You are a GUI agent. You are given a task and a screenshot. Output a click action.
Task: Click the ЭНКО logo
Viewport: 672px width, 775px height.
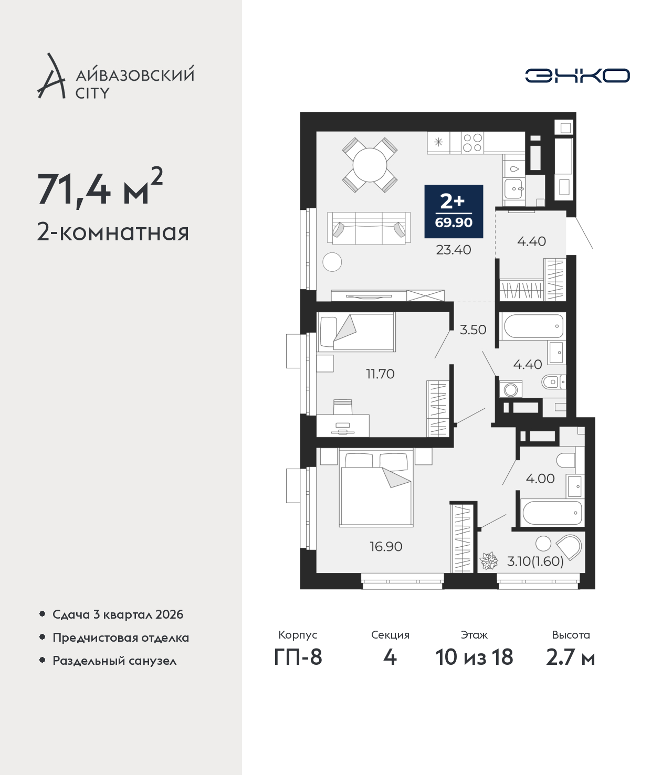pyautogui.click(x=577, y=76)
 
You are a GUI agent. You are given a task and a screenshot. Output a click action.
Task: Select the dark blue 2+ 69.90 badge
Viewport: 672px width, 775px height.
pyautogui.click(x=454, y=211)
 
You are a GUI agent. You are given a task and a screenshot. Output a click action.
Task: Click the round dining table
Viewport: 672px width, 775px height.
pyautogui.click(x=370, y=165)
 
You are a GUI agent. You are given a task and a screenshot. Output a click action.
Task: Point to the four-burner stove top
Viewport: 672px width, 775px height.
pyautogui.click(x=472, y=143)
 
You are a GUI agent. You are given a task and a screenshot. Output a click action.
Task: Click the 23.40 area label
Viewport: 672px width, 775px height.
pyautogui.click(x=453, y=250)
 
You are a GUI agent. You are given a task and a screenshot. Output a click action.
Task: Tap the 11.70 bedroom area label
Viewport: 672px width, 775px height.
pyautogui.click(x=380, y=374)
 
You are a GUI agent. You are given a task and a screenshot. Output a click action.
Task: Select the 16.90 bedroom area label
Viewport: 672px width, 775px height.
pyautogui.click(x=386, y=546)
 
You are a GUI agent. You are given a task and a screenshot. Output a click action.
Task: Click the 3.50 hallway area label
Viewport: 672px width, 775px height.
pyautogui.click(x=473, y=330)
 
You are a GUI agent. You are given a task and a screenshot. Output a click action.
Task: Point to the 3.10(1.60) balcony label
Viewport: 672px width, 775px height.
pyautogui.click(x=535, y=561)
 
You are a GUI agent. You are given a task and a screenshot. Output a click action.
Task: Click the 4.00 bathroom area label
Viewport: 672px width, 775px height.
pyautogui.click(x=540, y=479)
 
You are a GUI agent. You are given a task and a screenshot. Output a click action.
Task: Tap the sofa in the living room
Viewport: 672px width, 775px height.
pyautogui.click(x=369, y=228)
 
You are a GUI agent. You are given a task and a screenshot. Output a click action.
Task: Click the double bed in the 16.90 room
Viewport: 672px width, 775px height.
pyautogui.click(x=376, y=488)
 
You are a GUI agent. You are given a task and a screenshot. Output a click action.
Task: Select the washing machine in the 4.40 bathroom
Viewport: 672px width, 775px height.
pyautogui.click(x=510, y=389)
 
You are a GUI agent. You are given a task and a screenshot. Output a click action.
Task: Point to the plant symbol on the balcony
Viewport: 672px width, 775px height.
pyautogui.click(x=489, y=560)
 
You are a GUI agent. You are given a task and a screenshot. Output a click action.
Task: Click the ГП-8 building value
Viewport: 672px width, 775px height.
pyautogui.click(x=298, y=657)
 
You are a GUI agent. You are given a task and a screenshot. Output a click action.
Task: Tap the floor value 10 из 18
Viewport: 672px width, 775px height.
pyautogui.click(x=474, y=657)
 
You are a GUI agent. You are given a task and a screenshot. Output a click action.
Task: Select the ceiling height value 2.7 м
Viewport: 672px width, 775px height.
pyautogui.click(x=570, y=657)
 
